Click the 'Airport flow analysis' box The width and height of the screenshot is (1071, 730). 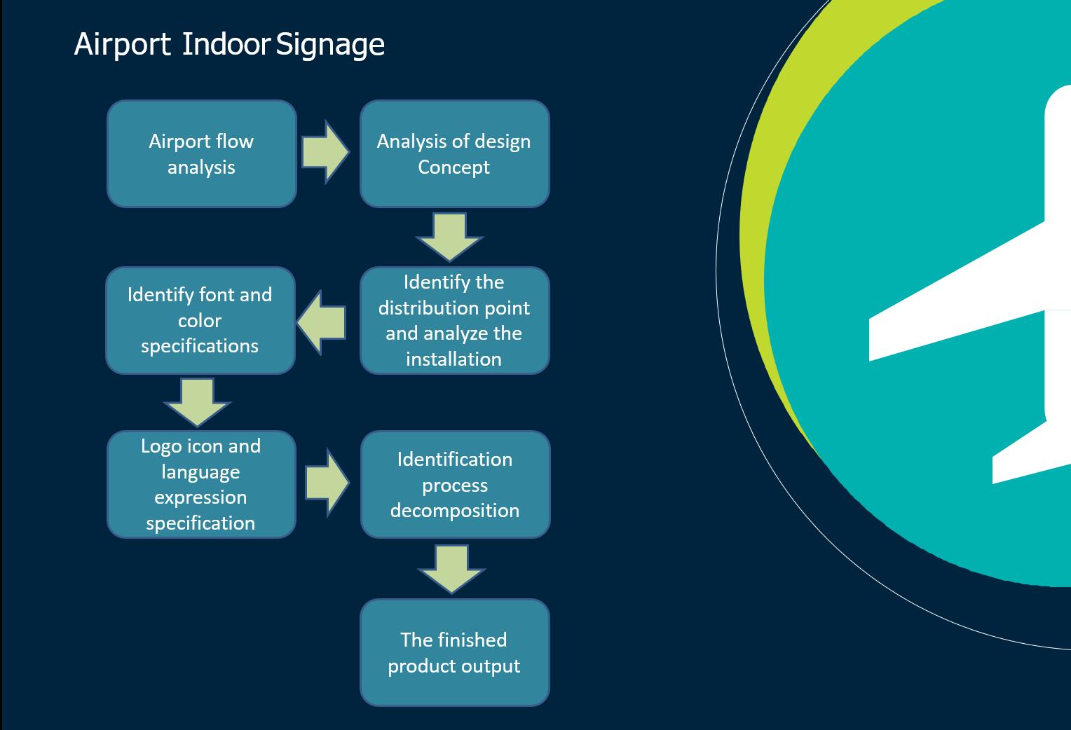(x=202, y=154)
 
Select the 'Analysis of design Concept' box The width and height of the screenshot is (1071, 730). (x=454, y=154)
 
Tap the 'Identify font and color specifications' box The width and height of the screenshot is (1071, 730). (x=200, y=320)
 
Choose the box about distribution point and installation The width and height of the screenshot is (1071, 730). (x=454, y=320)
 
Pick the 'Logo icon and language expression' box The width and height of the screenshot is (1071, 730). (x=201, y=484)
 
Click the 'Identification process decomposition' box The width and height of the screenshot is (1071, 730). (x=455, y=484)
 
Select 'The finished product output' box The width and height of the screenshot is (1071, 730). (x=454, y=652)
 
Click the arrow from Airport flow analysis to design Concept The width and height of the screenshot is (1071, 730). (x=325, y=152)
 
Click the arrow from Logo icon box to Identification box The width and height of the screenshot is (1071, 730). (x=327, y=483)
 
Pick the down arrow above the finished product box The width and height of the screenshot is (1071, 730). (x=451, y=568)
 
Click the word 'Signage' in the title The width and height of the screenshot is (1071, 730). (x=330, y=45)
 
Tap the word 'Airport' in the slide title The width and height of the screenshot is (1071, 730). (x=122, y=45)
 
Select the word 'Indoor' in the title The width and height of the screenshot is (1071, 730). (x=226, y=45)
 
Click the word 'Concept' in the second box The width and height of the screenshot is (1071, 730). (x=453, y=167)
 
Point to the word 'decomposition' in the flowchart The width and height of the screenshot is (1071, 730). (x=455, y=511)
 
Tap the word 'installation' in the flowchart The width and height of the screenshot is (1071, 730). (x=453, y=359)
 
